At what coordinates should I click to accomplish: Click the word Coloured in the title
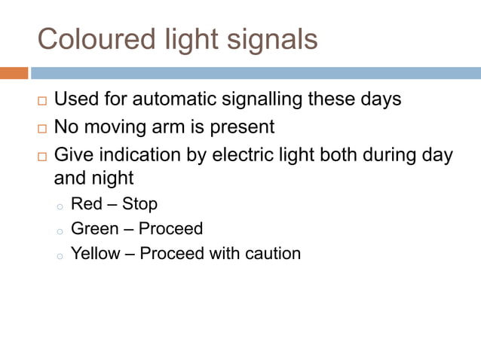[84, 38]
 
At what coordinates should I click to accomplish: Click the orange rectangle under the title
[14, 73]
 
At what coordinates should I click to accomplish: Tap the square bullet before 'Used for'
[41, 101]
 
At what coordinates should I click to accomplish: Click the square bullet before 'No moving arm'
[41, 129]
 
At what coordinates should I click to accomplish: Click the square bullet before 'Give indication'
[41, 157]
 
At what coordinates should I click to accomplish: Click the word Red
[87, 204]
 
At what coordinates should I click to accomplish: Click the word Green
[95, 228]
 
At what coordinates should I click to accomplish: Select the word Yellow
[95, 253]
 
